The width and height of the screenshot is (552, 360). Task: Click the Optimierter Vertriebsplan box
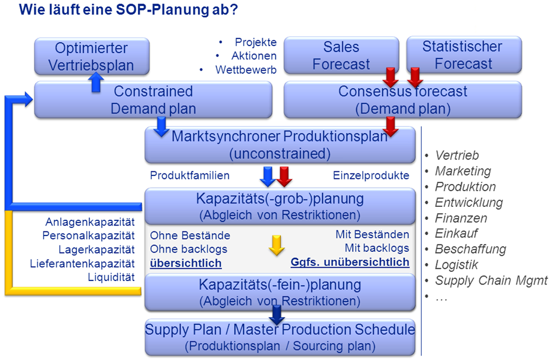coord(92,56)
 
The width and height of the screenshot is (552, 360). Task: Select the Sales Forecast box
coord(341,56)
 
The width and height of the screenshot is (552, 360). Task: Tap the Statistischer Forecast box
coord(464,54)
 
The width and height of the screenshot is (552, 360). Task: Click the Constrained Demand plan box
coord(153,100)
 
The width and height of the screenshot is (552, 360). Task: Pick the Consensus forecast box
coord(402,100)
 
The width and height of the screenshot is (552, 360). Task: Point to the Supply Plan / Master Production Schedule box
coord(280,337)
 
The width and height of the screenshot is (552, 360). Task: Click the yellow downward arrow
coord(277,245)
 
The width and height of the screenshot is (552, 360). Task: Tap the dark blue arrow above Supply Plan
coord(277,315)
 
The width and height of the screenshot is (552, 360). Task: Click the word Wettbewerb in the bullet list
coord(246,70)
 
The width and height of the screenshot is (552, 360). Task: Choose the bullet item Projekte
coord(256,42)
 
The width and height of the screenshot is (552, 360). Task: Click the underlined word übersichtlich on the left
coord(186,263)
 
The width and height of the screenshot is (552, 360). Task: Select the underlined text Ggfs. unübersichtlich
coord(350,262)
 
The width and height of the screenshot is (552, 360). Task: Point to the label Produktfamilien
coord(189,175)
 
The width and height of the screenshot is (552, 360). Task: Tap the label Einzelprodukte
coord(371,175)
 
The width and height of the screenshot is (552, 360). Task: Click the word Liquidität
coord(111,277)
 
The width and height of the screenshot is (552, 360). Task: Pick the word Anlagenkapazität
coord(90,222)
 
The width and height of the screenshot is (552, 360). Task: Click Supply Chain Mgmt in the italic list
coord(491,281)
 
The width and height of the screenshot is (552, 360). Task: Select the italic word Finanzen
coord(461,218)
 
